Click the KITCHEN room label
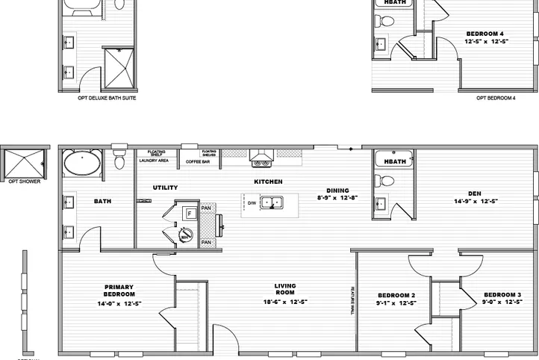pyautogui.click(x=267, y=181)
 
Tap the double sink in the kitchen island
pyautogui.click(x=275, y=202)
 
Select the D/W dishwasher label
pyautogui.click(x=252, y=202)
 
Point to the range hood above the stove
pyautogui.click(x=261, y=158)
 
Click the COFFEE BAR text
pyautogui.click(x=198, y=161)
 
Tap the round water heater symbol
pyautogui.click(x=186, y=238)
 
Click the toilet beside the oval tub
pyautogui.click(x=119, y=159)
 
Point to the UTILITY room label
pyautogui.click(x=165, y=187)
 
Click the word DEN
pyautogui.click(x=475, y=192)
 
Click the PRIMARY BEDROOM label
pyautogui.click(x=119, y=291)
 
